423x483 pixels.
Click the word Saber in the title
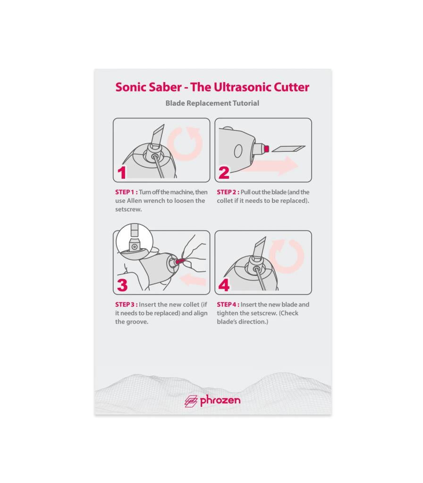click(x=165, y=87)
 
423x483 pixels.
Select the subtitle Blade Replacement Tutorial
click(x=212, y=103)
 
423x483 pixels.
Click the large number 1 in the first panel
click(x=122, y=173)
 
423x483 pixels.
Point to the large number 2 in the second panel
click(x=224, y=173)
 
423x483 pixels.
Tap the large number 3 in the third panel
click(x=122, y=285)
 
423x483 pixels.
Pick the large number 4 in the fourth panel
click(x=224, y=285)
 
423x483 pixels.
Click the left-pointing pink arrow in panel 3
click(x=193, y=280)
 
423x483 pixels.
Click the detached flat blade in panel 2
click(x=289, y=149)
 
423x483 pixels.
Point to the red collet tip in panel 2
click(x=267, y=149)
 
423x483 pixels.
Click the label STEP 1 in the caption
click(x=127, y=192)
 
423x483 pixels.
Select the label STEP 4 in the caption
click(x=228, y=305)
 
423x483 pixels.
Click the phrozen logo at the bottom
click(x=212, y=401)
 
